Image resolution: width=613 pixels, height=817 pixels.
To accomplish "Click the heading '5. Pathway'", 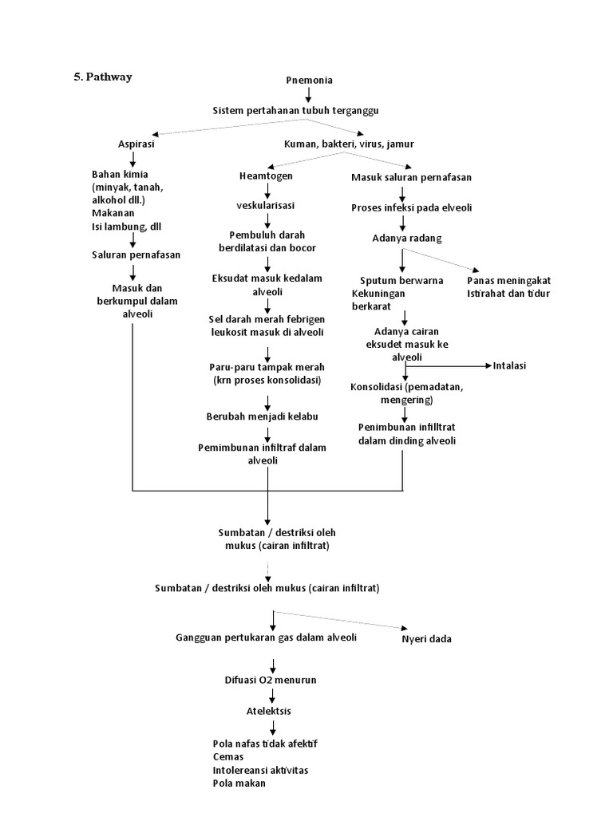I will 103,77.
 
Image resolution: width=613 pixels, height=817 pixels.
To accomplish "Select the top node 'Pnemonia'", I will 309,80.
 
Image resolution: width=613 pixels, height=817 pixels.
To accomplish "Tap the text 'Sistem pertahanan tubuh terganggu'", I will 306,110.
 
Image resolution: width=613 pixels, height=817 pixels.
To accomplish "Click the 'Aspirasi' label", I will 136,144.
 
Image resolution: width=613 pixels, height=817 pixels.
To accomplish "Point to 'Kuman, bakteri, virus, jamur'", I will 349,144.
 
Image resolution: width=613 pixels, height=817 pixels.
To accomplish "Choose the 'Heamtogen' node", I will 266,176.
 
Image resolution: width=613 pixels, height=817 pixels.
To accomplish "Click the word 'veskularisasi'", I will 266,206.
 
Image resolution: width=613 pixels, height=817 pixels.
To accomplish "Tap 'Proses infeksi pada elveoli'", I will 412,207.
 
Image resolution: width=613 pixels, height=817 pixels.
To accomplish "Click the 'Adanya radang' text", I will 407,238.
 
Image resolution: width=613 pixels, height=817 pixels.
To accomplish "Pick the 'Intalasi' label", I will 511,366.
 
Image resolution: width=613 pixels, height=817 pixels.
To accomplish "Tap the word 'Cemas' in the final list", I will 229,756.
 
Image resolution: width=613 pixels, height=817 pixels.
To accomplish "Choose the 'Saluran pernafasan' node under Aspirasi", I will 136,255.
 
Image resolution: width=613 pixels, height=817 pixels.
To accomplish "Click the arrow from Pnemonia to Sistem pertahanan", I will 308,94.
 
